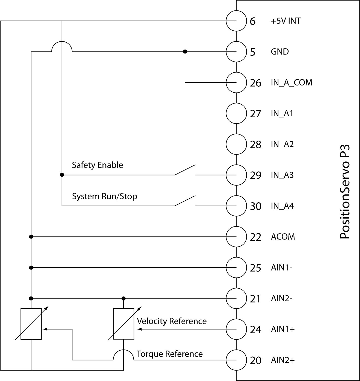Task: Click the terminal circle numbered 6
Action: click(236, 21)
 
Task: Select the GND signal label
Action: click(280, 52)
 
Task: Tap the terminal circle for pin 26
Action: click(236, 83)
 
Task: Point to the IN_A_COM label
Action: click(291, 83)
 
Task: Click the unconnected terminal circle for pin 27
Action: click(236, 113)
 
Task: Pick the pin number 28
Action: click(255, 144)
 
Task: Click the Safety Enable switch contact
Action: click(185, 170)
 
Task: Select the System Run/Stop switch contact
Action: click(185, 201)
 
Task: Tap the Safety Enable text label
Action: click(97, 165)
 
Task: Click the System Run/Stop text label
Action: click(104, 196)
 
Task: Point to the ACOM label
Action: click(283, 237)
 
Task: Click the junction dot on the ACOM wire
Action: click(31, 237)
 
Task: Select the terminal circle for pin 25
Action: click(236, 268)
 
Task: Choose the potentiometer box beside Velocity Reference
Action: click(124, 324)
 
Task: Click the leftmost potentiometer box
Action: click(31, 324)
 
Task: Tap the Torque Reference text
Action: click(169, 354)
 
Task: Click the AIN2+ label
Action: click(283, 360)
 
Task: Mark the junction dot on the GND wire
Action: click(185, 52)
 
